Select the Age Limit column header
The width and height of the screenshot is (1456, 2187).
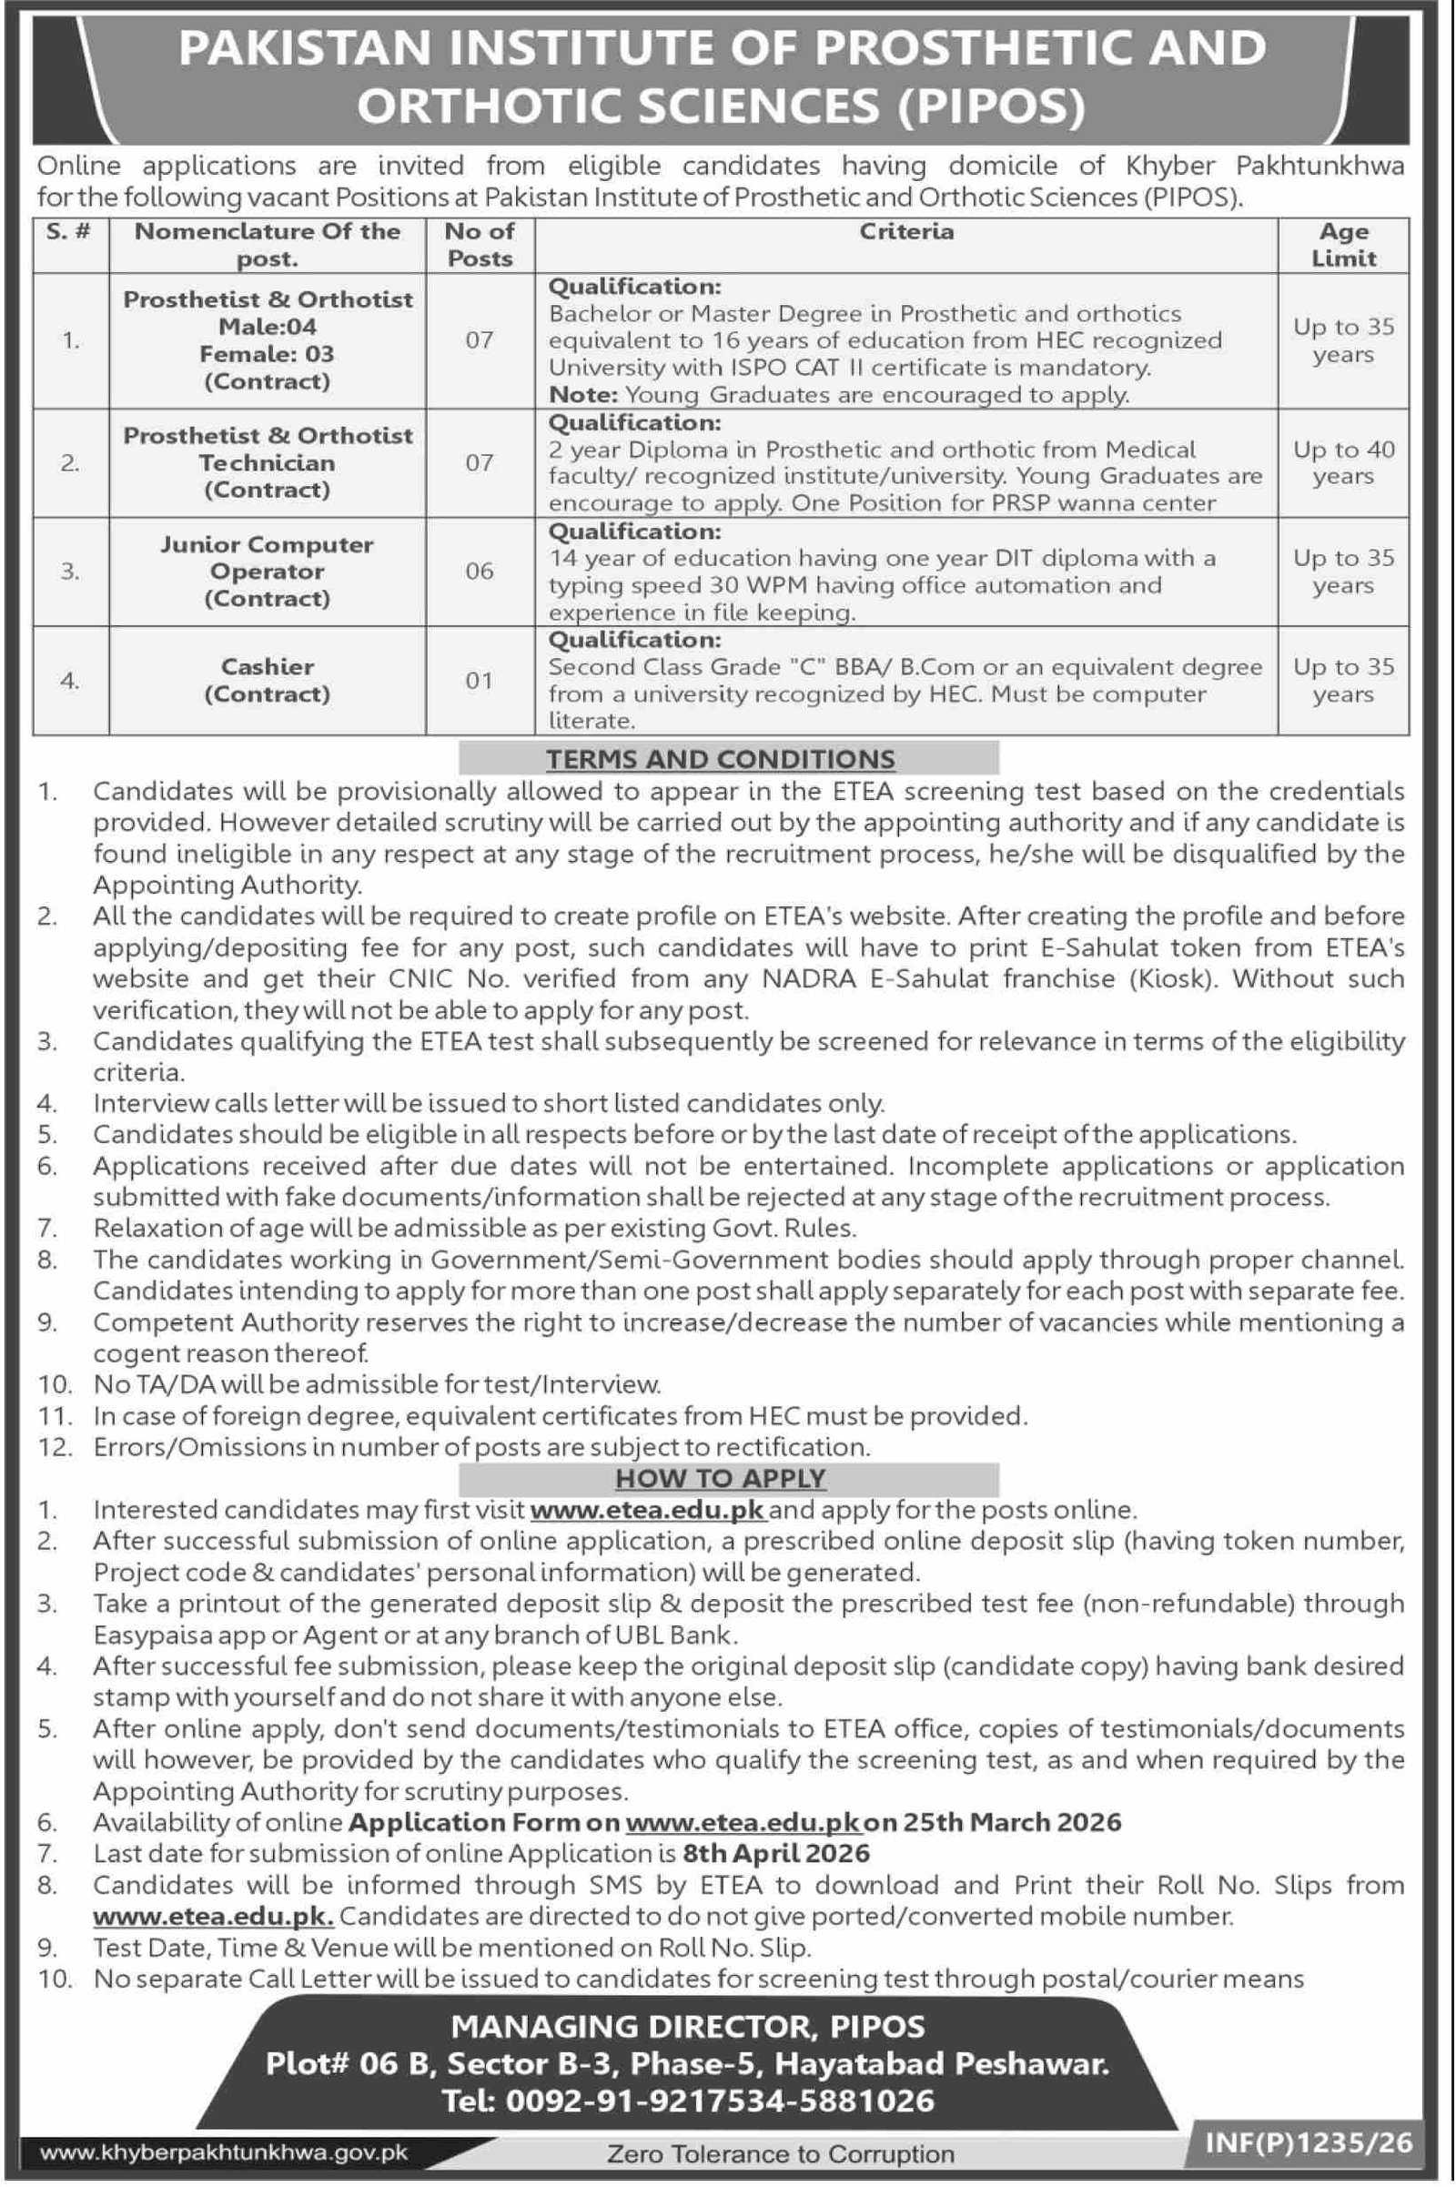(1343, 245)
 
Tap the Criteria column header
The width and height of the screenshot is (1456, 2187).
(906, 232)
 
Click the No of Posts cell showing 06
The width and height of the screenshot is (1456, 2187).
(480, 572)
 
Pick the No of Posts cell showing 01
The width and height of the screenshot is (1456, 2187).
(480, 681)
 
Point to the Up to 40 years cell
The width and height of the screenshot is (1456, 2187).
(1343, 462)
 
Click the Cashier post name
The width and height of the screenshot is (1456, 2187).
(268, 667)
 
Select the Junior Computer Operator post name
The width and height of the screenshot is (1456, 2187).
(268, 557)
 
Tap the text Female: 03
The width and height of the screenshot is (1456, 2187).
(268, 354)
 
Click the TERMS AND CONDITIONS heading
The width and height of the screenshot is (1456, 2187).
(721, 759)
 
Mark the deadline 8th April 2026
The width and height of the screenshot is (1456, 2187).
(776, 1854)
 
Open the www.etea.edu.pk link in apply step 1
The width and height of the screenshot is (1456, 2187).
(648, 1510)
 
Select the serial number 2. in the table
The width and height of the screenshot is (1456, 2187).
(71, 462)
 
